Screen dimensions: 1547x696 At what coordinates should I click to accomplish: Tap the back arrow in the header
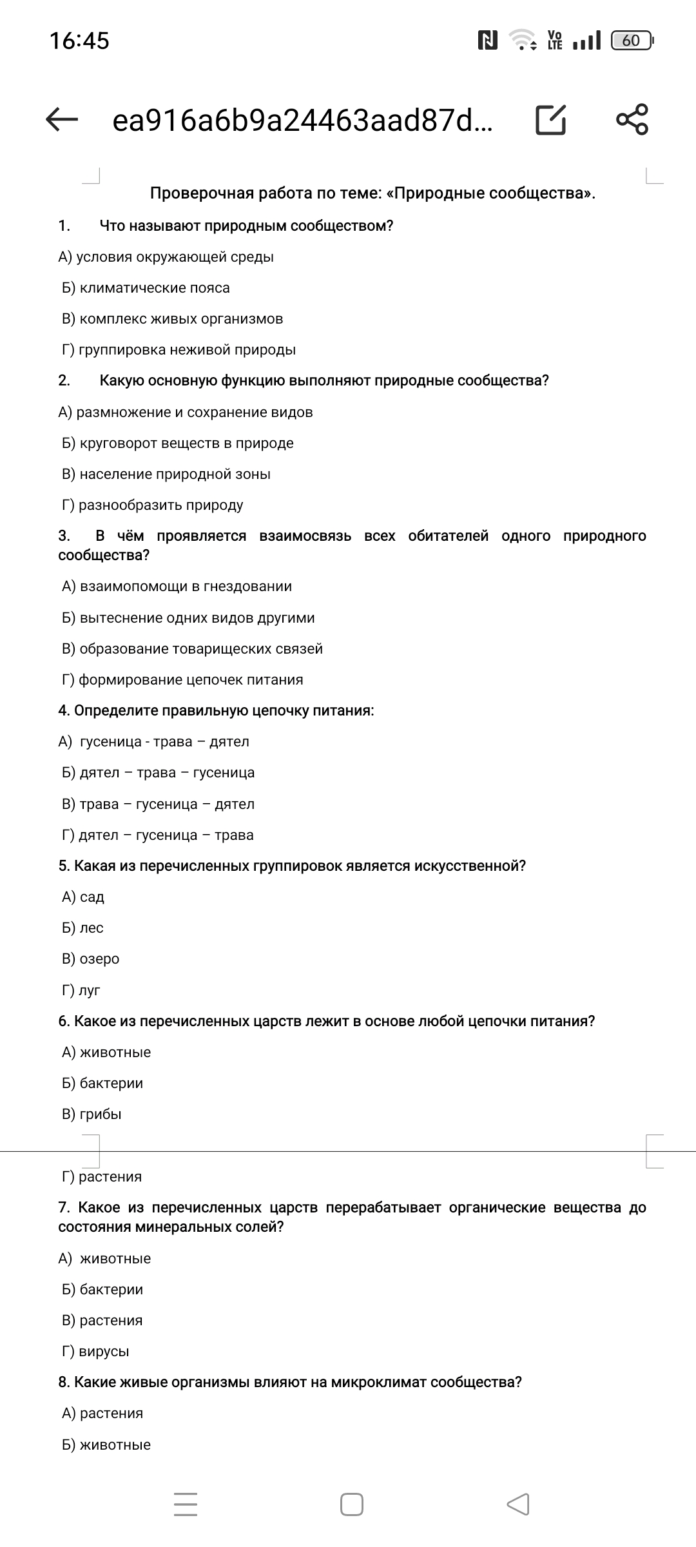pyautogui.click(x=63, y=119)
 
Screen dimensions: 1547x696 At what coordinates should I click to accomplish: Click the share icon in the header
pyautogui.click(x=632, y=119)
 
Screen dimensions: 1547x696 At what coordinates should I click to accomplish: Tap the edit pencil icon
pyautogui.click(x=551, y=119)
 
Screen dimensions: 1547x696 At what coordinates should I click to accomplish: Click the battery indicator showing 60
pyautogui.click(x=632, y=41)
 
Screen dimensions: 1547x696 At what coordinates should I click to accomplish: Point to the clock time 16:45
pyautogui.click(x=79, y=41)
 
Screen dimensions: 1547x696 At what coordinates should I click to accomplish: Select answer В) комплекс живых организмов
pyautogui.click(x=172, y=319)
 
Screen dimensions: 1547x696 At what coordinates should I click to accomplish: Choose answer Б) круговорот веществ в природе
pyautogui.click(x=177, y=443)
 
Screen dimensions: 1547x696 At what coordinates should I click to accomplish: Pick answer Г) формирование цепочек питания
pyautogui.click(x=182, y=680)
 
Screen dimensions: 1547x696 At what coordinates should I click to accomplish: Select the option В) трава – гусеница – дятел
pyautogui.click(x=158, y=804)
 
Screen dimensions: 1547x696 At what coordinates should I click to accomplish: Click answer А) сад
pyautogui.click(x=83, y=897)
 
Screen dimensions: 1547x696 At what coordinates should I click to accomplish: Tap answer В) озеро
pyautogui.click(x=90, y=959)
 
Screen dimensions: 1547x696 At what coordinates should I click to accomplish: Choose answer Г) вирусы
pyautogui.click(x=95, y=1352)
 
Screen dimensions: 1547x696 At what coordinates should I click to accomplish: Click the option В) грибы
pyautogui.click(x=92, y=1114)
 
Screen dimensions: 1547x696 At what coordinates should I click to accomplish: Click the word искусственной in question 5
pyautogui.click(x=470, y=866)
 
